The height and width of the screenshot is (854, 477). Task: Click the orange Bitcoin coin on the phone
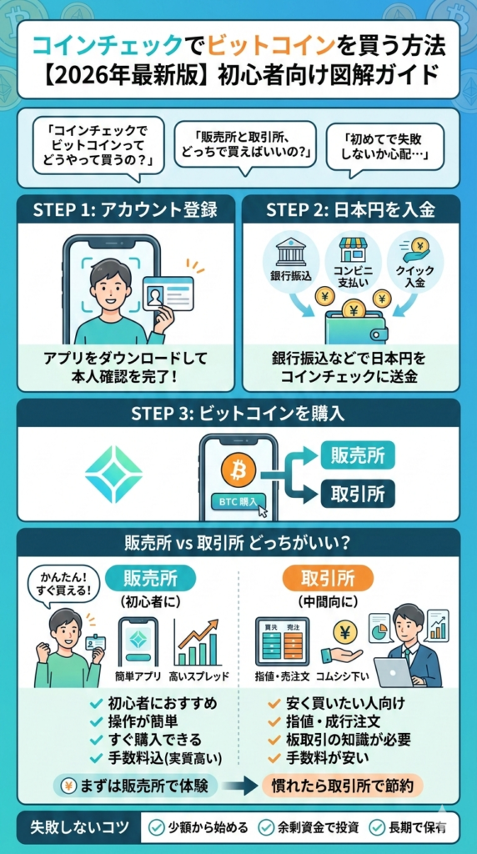coord(238,470)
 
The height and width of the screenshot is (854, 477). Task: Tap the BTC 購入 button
coord(238,502)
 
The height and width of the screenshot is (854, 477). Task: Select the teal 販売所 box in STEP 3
coord(357,456)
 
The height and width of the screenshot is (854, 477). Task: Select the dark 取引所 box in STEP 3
coord(357,494)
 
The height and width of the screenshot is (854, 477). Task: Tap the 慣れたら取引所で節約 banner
coord(342,785)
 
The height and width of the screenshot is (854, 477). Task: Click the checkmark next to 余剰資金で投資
coord(266,827)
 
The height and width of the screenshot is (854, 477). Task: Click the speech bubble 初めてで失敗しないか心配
coord(389,143)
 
